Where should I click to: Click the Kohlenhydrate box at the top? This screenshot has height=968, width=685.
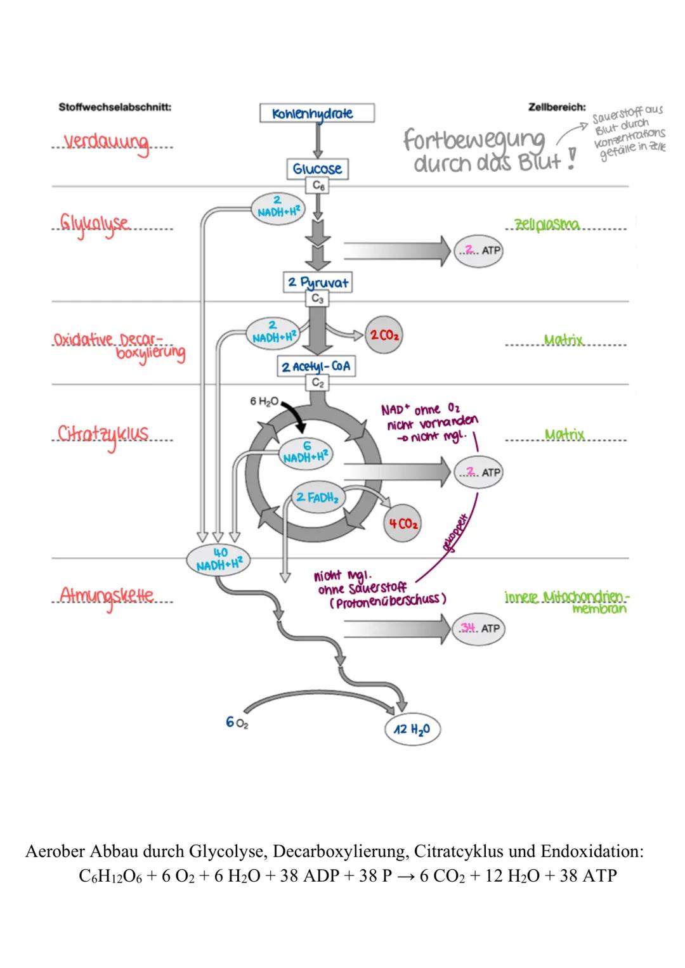click(317, 113)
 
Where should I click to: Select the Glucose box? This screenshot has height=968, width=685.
click(317, 169)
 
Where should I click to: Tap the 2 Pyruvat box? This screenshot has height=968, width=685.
click(317, 282)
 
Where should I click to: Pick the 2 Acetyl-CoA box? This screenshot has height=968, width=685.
click(316, 366)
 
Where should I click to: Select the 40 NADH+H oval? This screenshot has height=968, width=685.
click(219, 559)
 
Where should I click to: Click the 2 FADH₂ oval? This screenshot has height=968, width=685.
click(317, 498)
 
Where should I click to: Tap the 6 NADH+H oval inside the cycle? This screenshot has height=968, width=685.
click(306, 453)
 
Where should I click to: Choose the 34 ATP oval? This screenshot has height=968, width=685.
click(478, 628)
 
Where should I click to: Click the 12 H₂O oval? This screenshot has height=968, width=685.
click(412, 729)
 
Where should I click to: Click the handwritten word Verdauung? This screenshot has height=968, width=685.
click(107, 143)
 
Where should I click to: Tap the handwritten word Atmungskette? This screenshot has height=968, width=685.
click(107, 596)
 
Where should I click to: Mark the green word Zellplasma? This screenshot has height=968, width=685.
click(547, 225)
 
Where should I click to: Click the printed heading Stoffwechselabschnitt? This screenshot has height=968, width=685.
click(115, 107)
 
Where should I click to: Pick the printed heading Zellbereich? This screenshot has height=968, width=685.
click(557, 107)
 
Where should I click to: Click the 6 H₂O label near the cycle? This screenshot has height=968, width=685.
click(264, 401)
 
